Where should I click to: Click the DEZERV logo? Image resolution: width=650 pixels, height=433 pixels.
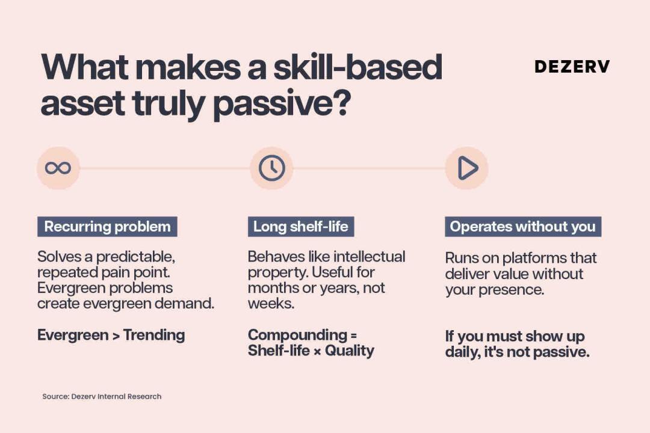pos(572,67)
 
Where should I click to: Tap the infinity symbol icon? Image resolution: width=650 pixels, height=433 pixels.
pos(58,168)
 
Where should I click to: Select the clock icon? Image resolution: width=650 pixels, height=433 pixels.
pos(272,168)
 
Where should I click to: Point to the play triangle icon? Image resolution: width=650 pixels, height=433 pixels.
pos(468,168)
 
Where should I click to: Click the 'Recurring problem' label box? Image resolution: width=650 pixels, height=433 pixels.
pos(107,227)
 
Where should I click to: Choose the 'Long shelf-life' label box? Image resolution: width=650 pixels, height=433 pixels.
pos(301,227)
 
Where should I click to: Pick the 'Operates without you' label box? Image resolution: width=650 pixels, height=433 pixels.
pos(523,227)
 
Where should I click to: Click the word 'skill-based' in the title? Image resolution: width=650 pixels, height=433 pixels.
pos(357,67)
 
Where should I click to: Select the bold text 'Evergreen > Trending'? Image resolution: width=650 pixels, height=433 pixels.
pos(111,335)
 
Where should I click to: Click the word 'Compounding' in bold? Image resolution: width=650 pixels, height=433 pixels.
pos(297,335)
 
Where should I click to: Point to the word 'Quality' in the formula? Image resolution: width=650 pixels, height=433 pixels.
pos(350,351)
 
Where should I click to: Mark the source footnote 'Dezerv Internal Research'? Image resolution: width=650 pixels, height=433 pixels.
pos(116,396)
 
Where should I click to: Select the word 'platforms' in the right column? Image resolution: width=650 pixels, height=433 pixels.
pos(534,258)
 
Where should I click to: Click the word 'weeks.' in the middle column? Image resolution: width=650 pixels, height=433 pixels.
pos(271,303)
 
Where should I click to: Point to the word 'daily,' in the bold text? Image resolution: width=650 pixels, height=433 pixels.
pos(463,352)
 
